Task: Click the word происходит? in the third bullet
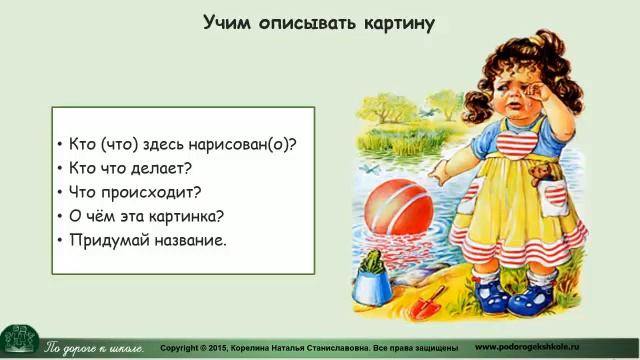158,191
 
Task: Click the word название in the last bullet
186,240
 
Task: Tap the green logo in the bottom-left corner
19,341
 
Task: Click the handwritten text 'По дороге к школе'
96,347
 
